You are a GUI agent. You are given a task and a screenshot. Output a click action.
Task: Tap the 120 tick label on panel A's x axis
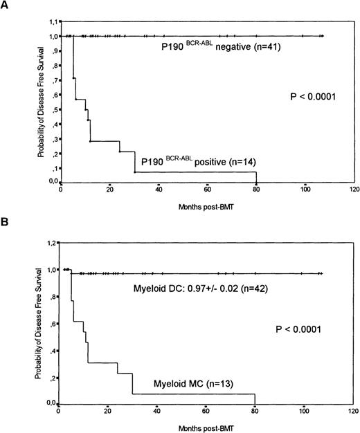click(354, 188)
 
